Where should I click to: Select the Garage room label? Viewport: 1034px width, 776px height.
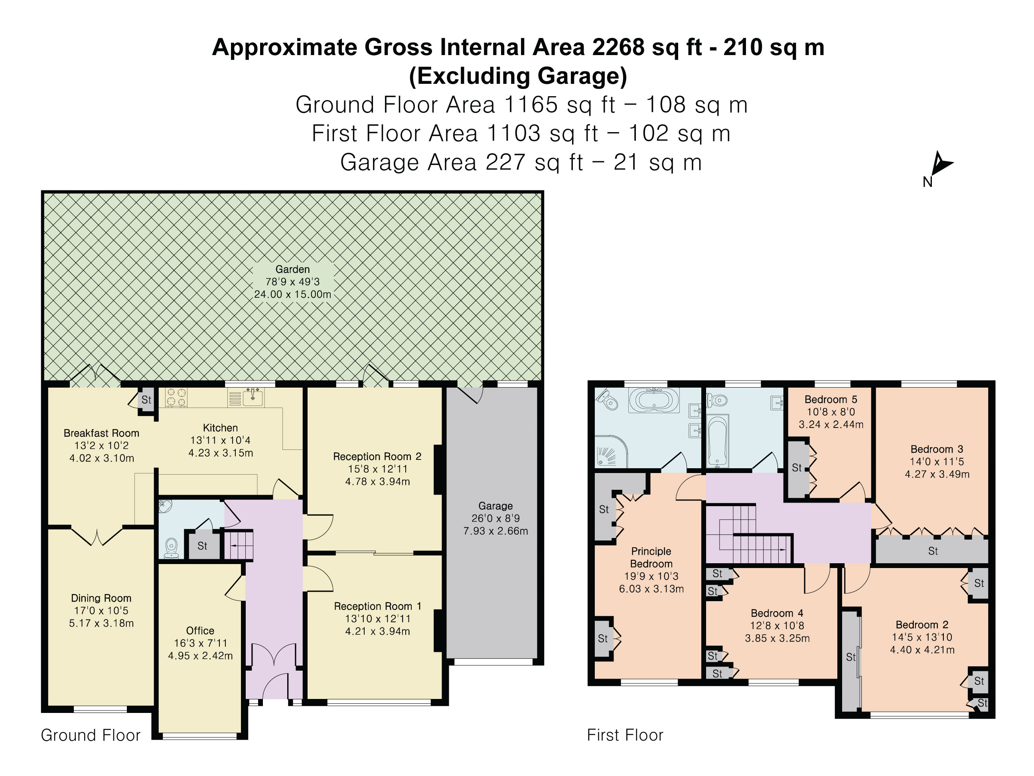[495, 506]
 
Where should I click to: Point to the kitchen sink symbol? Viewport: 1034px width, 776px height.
[253, 398]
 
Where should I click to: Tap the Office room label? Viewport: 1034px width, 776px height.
[200, 631]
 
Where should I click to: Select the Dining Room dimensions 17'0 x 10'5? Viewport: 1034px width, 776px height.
[101, 610]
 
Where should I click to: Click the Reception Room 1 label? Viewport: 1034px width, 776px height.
[377, 606]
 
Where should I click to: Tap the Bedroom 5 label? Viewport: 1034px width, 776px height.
[831, 400]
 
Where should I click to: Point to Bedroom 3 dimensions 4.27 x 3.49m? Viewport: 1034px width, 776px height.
[937, 474]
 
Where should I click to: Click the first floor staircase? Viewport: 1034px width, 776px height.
[748, 538]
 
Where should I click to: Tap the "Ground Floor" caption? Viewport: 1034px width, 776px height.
[91, 735]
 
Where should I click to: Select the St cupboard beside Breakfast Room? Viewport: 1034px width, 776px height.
[146, 400]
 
